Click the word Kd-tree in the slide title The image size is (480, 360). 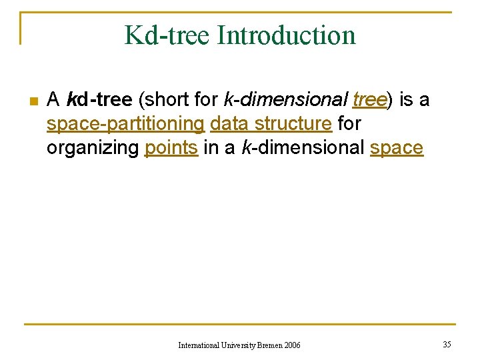(x=164, y=35)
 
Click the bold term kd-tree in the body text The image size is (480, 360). (x=99, y=100)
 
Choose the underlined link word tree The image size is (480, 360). (x=369, y=100)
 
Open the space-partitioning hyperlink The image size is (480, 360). (x=125, y=124)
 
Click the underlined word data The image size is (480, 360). (x=229, y=124)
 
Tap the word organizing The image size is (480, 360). (x=93, y=148)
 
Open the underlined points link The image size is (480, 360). (x=171, y=148)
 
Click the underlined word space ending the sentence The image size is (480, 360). (x=396, y=148)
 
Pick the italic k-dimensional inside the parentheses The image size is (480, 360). (x=285, y=100)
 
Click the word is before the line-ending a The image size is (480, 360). (x=406, y=100)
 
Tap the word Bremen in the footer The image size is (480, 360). (x=268, y=345)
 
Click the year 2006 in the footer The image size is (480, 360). (x=292, y=345)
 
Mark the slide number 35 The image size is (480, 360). (x=447, y=344)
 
